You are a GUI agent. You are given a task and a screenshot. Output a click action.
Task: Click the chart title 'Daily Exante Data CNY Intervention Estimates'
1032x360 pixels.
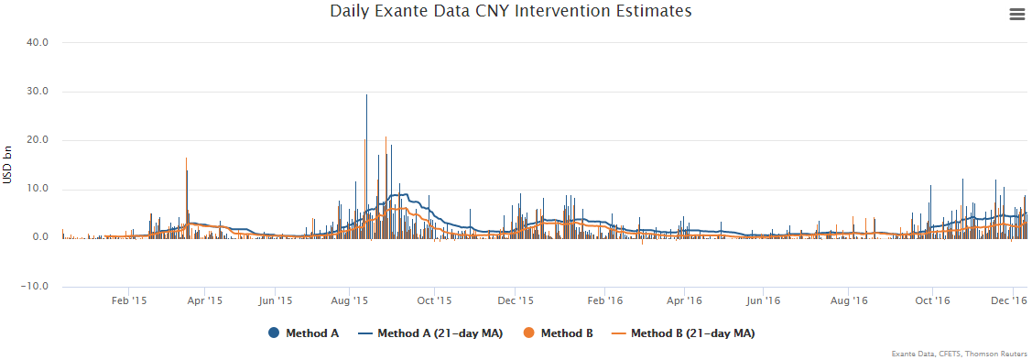pos(510,12)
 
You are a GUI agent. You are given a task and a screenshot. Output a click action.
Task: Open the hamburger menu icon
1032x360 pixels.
pos(1016,14)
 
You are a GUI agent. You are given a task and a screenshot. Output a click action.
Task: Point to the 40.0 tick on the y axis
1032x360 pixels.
pos(36,42)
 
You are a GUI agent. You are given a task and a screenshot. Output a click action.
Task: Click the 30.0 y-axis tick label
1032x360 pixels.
pos(36,92)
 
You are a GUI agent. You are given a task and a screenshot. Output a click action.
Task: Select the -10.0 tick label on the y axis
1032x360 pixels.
pos(34,286)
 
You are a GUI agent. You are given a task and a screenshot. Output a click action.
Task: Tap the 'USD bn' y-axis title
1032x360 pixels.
pos(8,165)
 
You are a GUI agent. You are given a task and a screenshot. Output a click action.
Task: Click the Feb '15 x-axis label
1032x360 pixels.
pos(129,300)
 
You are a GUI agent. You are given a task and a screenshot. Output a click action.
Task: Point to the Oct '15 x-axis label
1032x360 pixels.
pos(433,300)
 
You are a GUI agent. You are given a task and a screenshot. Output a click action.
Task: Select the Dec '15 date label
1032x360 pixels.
pos(516,300)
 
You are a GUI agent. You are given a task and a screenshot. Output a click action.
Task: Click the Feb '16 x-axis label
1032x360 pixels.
pos(604,300)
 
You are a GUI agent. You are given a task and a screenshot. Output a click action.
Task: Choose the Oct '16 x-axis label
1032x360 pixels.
pos(930,300)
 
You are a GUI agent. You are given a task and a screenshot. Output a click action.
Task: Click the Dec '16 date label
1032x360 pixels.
pos(1009,300)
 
